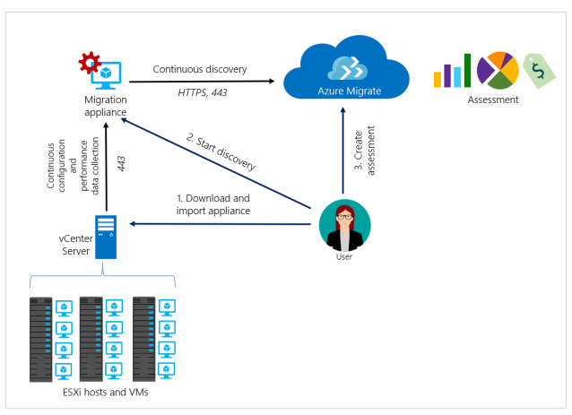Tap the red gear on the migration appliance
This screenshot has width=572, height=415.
[x=90, y=63]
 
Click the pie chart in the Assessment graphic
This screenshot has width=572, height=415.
[x=497, y=70]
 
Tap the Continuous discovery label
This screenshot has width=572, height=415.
[x=199, y=68]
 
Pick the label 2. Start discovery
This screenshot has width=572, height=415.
[x=221, y=151]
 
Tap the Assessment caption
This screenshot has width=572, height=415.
[x=492, y=99]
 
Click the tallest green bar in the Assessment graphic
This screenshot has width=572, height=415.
[x=467, y=70]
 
